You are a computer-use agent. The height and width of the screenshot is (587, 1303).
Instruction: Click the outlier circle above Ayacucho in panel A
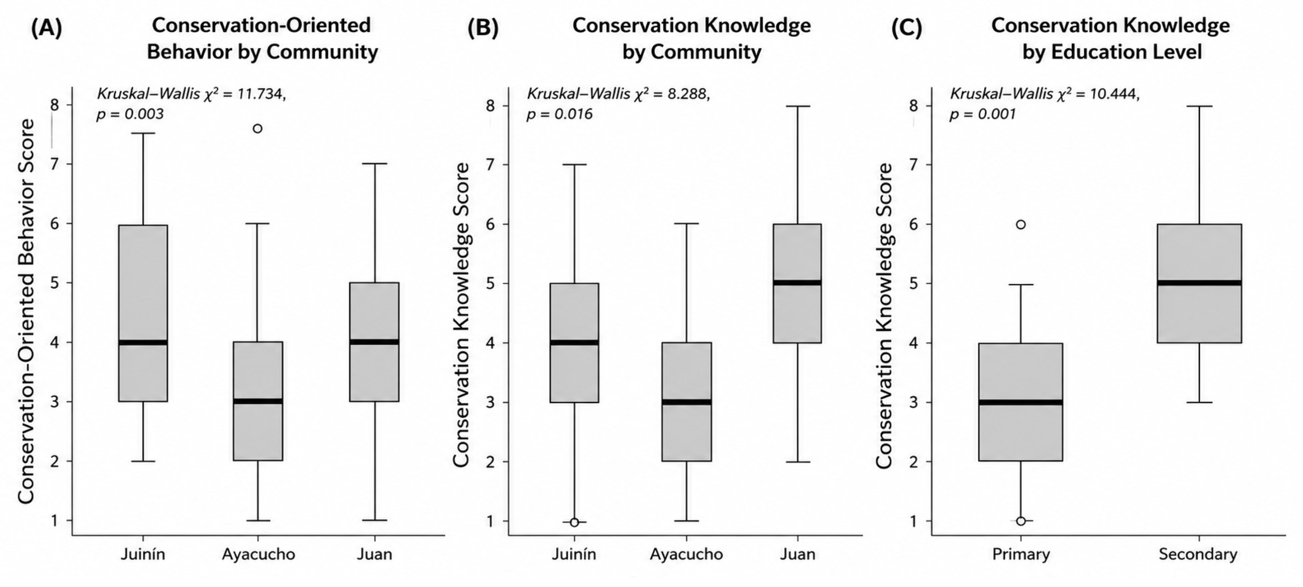pyautogui.click(x=257, y=129)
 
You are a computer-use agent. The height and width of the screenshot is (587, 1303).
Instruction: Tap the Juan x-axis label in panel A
pyautogui.click(x=374, y=554)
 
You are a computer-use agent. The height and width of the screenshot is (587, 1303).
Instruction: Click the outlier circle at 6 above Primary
pyautogui.click(x=1021, y=224)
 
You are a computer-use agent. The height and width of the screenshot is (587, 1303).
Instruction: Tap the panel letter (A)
pyautogui.click(x=46, y=28)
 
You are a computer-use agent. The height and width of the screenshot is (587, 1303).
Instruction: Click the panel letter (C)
pyautogui.click(x=907, y=28)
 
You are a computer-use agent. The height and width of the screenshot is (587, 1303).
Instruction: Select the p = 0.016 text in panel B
pyautogui.click(x=559, y=114)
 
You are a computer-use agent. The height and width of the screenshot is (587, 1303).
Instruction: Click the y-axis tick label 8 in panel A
pyautogui.click(x=55, y=105)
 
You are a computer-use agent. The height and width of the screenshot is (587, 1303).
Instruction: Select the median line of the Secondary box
pyautogui.click(x=1199, y=283)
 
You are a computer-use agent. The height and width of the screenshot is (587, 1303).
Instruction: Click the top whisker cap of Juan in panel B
pyautogui.click(x=798, y=106)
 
